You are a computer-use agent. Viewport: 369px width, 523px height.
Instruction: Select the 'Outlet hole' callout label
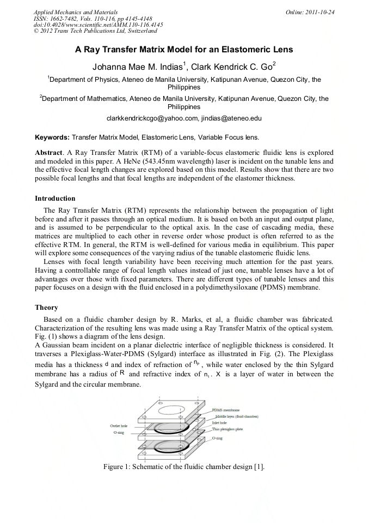click(119, 425)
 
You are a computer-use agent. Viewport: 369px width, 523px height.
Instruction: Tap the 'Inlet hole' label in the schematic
click(219, 422)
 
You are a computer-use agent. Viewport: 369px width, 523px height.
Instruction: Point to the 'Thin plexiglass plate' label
click(227, 429)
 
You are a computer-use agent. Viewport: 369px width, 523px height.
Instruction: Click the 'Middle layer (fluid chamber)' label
click(235, 416)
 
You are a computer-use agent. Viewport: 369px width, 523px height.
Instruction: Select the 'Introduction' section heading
click(55, 199)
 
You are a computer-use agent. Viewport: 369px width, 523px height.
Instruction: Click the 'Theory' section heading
click(46, 308)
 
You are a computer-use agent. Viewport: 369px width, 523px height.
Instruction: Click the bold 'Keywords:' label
click(52, 137)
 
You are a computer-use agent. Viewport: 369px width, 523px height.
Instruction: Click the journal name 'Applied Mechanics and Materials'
click(76, 12)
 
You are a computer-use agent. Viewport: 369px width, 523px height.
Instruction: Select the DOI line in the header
click(98, 25)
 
